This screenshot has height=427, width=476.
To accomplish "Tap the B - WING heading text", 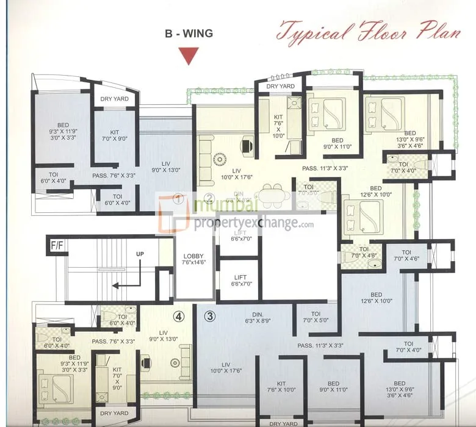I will [189, 34].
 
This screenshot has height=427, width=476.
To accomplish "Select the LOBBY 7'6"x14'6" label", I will [193, 259].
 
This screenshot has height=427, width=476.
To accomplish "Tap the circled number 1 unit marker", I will [178, 198].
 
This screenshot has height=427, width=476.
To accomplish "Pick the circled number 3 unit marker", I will [209, 316].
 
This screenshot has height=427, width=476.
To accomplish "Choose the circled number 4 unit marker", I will [178, 316].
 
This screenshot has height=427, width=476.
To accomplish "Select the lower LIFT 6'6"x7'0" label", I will [237, 280].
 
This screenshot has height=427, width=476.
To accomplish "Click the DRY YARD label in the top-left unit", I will [114, 98].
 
